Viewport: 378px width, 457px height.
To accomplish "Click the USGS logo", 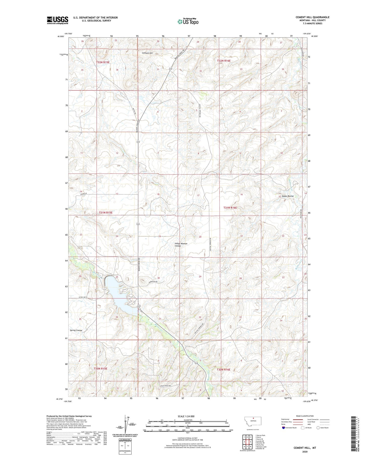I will pyautogui.click(x=57, y=20).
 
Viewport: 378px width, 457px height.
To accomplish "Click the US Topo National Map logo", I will pyautogui.click(x=188, y=21).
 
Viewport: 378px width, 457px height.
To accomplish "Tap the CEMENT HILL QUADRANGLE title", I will pyautogui.click(x=312, y=17).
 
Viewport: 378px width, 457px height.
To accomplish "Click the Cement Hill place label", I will pyautogui.click(x=147, y=53).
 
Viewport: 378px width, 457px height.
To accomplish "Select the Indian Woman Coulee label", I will pyautogui.click(x=181, y=245).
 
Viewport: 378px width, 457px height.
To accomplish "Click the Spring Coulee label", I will pyautogui.click(x=76, y=330).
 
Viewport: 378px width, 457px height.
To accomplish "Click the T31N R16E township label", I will pyautogui.click(x=230, y=208).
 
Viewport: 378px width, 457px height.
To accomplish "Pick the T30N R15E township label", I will pyautogui.click(x=101, y=369).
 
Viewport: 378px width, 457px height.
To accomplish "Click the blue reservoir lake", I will pyautogui.click(x=118, y=295).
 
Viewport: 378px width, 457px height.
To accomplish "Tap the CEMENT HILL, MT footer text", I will pyautogui.click(x=305, y=448).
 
